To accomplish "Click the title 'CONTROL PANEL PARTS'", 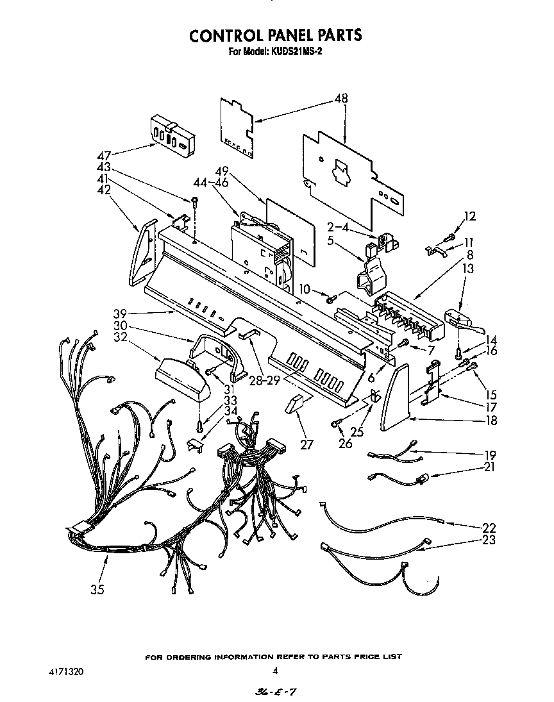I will (276, 35).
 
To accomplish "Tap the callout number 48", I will (341, 99).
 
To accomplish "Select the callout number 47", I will (104, 155).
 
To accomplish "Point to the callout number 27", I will (308, 444).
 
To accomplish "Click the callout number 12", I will (471, 216).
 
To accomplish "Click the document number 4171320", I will (65, 672).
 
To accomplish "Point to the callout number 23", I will (489, 540).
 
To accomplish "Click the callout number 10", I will (305, 290).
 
